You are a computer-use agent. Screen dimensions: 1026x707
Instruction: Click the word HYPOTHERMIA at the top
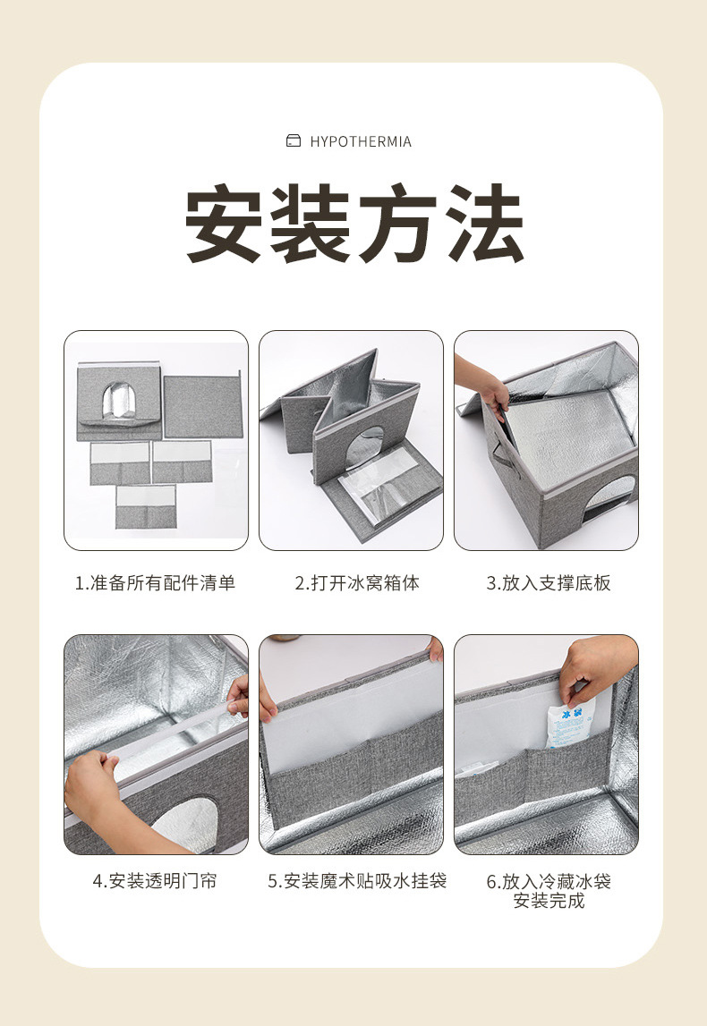361,141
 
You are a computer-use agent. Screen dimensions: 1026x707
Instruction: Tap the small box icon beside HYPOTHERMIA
293,141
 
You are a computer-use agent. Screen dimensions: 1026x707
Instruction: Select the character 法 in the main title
483,224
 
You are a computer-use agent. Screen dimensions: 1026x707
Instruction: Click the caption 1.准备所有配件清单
155,583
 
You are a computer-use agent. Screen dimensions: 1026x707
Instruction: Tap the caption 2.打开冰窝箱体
357,583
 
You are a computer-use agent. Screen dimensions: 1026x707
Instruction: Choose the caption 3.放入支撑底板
549,583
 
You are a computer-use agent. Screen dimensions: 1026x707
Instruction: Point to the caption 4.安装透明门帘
155,881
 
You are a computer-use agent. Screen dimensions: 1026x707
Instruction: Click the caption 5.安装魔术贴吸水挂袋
357,881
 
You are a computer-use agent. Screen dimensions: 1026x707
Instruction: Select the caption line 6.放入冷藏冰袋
549,881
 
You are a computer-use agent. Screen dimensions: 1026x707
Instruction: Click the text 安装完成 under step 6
549,901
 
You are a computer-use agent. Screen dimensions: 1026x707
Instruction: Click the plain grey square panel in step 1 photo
202,406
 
